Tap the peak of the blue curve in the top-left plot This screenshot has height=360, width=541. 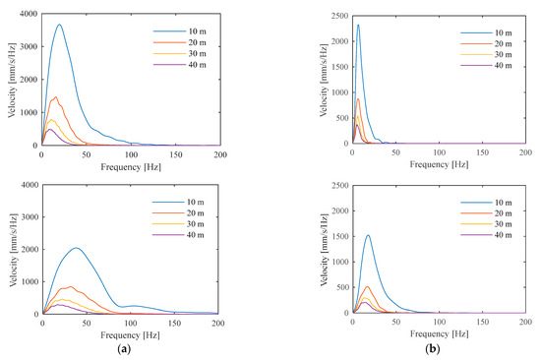coord(59,25)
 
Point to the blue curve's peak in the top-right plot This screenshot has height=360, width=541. coord(358,25)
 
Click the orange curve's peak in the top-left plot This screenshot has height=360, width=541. coord(55,96)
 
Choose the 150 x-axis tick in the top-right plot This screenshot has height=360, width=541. coord(482,153)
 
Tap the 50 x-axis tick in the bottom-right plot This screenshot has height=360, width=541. coord(395,322)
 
